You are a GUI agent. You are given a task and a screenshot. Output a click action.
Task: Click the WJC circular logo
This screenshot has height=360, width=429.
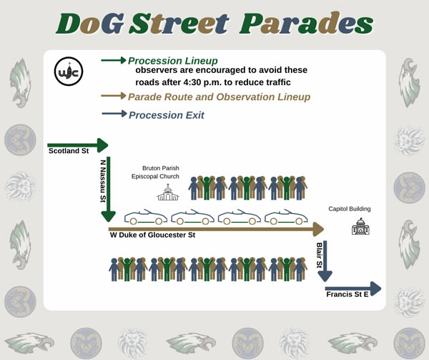click(x=69, y=72)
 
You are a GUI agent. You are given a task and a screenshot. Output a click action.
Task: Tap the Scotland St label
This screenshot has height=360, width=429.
click(x=69, y=151)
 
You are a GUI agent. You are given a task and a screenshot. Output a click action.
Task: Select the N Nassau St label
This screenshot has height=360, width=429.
click(x=103, y=181)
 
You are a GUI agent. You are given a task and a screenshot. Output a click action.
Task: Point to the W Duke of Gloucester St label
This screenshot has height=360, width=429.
click(x=152, y=235)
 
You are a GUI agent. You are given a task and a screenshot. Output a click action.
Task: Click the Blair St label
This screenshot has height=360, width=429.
click(x=319, y=256)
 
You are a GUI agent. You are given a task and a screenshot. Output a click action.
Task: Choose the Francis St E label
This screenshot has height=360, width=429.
click(x=347, y=294)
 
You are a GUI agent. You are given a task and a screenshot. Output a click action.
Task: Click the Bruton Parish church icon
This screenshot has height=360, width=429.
click(x=168, y=193)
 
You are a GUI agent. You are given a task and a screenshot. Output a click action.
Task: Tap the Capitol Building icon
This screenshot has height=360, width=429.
click(x=360, y=226)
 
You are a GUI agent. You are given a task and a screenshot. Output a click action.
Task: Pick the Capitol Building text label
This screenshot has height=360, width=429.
click(x=350, y=209)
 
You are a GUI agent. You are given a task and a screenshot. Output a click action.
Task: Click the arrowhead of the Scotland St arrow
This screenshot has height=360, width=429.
click(x=102, y=145)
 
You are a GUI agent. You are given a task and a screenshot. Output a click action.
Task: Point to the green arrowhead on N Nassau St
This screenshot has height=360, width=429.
click(x=109, y=217)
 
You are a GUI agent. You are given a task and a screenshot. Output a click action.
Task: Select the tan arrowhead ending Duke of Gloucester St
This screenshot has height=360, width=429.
click(x=318, y=229)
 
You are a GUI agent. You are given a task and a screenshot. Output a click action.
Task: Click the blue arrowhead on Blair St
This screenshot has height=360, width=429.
click(x=325, y=276)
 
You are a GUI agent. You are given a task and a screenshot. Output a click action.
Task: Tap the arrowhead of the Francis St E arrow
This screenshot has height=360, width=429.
click(x=375, y=288)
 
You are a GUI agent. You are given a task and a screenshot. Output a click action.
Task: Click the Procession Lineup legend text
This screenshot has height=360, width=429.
click(x=173, y=61)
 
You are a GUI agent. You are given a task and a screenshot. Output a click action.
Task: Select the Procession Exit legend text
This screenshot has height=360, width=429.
click(x=167, y=115)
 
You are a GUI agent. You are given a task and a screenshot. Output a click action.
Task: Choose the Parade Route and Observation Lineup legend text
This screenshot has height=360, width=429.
click(x=220, y=97)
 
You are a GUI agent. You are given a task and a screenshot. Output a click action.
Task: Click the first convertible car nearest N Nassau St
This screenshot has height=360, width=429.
click(x=146, y=217)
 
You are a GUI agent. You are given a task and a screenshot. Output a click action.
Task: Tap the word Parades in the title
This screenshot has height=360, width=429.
click(x=307, y=24)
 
